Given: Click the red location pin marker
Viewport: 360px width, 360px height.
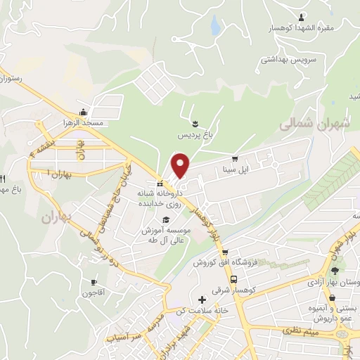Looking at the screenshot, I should point(181,165).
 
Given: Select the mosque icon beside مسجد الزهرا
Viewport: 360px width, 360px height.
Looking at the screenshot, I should point(84,112).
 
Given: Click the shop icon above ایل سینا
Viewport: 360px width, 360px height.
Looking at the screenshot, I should point(235,158).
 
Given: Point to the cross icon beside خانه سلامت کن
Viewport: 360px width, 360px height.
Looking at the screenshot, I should point(202,300).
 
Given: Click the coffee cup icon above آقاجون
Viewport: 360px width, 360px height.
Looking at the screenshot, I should point(92,283).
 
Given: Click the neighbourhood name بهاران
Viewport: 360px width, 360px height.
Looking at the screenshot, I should point(56,217).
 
